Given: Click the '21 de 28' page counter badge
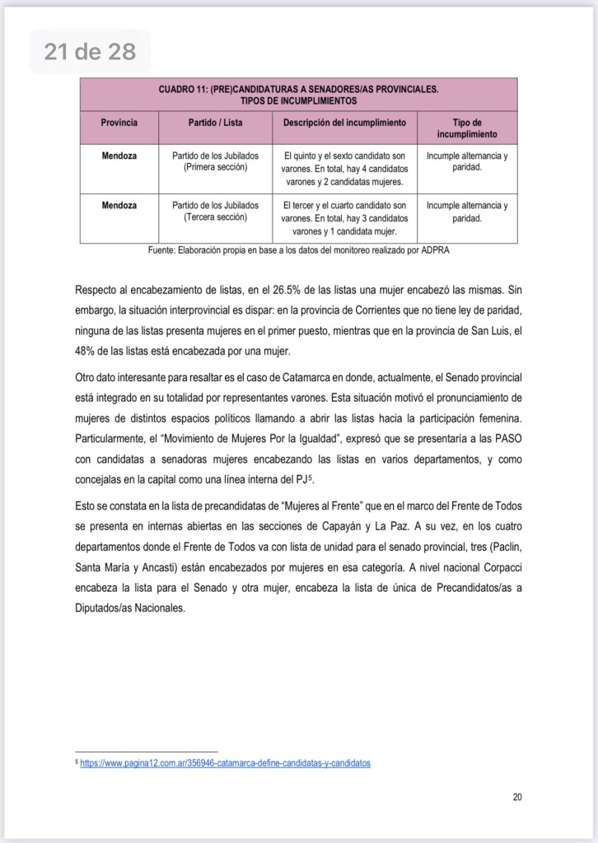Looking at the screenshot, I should coord(90,52).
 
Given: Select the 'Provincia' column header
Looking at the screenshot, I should coord(119,123).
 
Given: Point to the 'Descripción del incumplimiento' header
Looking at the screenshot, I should coord(344,123).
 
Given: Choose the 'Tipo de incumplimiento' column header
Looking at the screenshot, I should coord(467,128).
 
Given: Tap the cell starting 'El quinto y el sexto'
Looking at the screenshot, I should coord(344,168).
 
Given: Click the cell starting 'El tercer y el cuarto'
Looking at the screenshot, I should coord(344,218).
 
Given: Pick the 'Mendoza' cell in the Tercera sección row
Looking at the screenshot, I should coord(119,206).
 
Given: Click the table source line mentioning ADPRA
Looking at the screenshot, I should coord(298,250).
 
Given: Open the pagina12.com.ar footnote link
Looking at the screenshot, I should coord(225,763).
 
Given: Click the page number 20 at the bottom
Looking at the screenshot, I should coord(516,796).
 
